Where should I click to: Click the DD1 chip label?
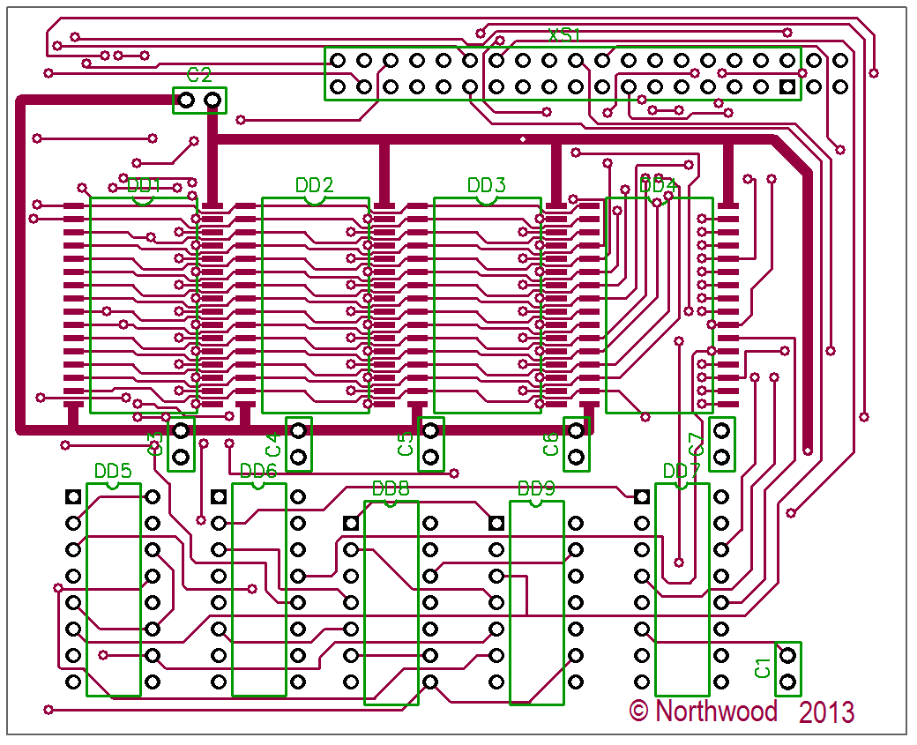145,186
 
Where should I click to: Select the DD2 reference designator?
315,185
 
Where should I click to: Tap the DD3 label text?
487,185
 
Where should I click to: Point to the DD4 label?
658,185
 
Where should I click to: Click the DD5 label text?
113,471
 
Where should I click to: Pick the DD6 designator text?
258,472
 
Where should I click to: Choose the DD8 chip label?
391,488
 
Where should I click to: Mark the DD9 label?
536,488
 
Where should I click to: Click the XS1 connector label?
565,35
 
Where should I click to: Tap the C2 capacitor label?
199,74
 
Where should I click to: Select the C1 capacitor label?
763,667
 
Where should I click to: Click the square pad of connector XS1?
787,87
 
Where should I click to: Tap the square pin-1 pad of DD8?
351,523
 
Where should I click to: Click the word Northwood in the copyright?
716,711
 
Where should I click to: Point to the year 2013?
827,711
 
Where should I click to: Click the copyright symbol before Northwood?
639,710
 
